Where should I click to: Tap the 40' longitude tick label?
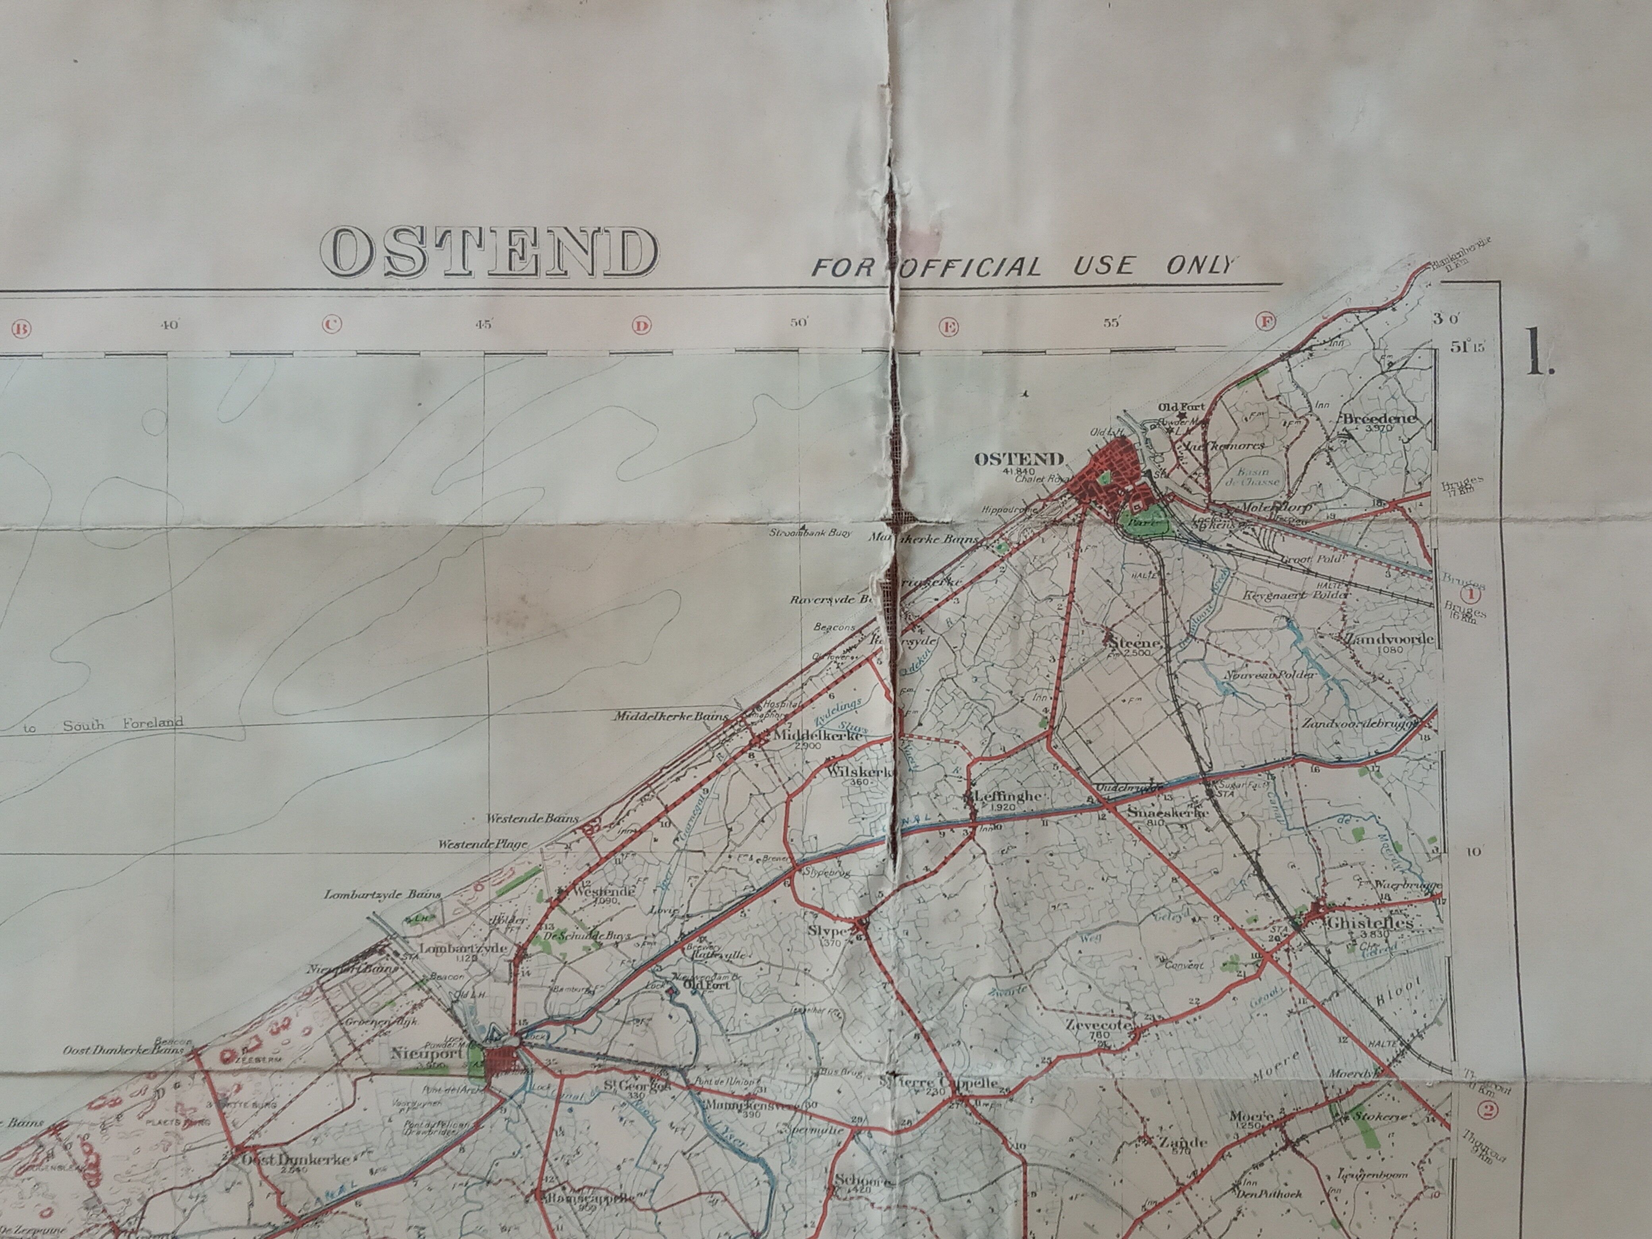click(x=169, y=324)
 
